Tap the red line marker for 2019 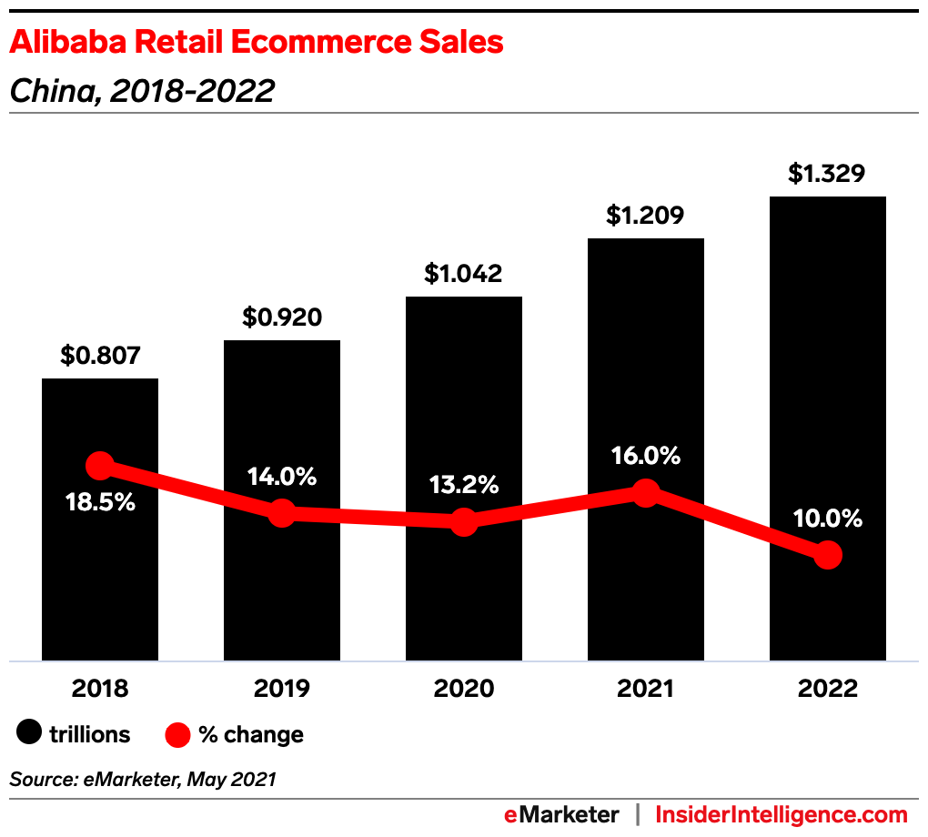click(282, 512)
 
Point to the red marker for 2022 click(827, 555)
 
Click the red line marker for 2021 click(645, 493)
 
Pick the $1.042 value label click(463, 273)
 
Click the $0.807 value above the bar click(100, 355)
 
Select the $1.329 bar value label click(827, 173)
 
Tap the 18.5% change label click(100, 501)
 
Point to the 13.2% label click(463, 485)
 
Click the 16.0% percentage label click(645, 456)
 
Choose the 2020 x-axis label click(463, 688)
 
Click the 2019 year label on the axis click(282, 688)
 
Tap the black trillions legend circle click(29, 733)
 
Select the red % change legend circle click(178, 733)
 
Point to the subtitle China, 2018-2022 click(142, 90)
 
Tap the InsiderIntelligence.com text click(782, 814)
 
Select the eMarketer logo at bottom click(561, 814)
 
